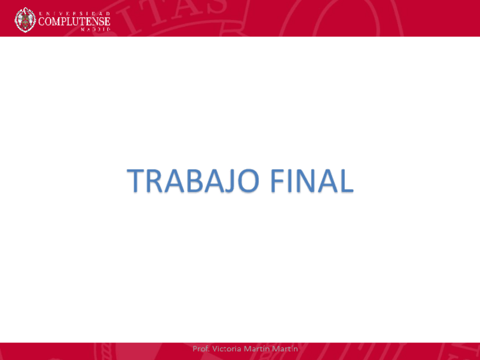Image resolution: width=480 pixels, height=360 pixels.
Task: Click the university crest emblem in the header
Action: (x=25, y=20)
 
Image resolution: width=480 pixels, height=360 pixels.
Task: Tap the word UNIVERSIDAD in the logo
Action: (x=74, y=12)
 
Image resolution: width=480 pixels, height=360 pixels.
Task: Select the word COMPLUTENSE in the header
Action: (x=74, y=22)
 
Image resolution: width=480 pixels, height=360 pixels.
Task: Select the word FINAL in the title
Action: (x=311, y=181)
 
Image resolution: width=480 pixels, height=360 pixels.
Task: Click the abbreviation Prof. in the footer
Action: (x=201, y=349)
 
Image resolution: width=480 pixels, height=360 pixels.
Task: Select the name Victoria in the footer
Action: (x=226, y=349)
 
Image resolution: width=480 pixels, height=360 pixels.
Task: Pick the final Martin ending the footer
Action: (x=285, y=349)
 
